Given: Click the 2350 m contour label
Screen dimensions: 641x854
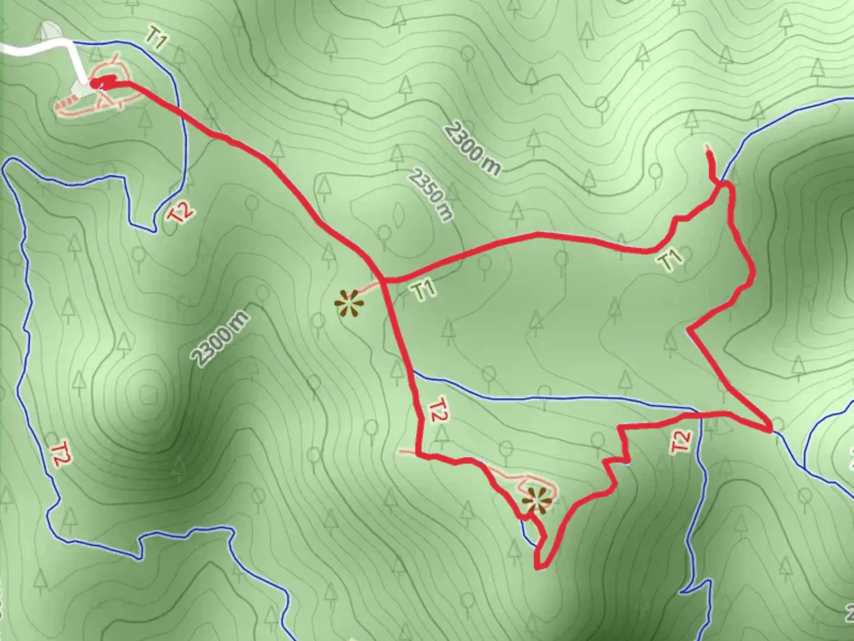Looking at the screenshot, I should pyautogui.click(x=431, y=195).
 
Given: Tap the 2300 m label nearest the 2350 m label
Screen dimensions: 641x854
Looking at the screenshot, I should pyautogui.click(x=472, y=148).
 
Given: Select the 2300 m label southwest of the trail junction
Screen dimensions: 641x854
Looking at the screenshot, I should pyautogui.click(x=220, y=339).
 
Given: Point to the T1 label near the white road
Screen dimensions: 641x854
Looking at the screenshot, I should pyautogui.click(x=156, y=40).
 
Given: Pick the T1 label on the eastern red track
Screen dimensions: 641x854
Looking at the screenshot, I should pyautogui.click(x=670, y=259).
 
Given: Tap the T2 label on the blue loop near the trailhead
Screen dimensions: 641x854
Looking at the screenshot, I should pyautogui.click(x=180, y=212).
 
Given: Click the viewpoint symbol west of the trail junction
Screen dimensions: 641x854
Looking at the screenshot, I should pyautogui.click(x=349, y=304).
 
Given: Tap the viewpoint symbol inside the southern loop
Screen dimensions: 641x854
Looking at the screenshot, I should pyautogui.click(x=537, y=500).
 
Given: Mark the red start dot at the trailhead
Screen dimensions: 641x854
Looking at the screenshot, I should pyautogui.click(x=95, y=83).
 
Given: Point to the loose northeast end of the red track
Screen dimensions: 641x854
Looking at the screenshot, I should pyautogui.click(x=708, y=146).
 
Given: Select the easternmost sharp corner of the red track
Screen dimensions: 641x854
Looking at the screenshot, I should pyautogui.click(x=770, y=429).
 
